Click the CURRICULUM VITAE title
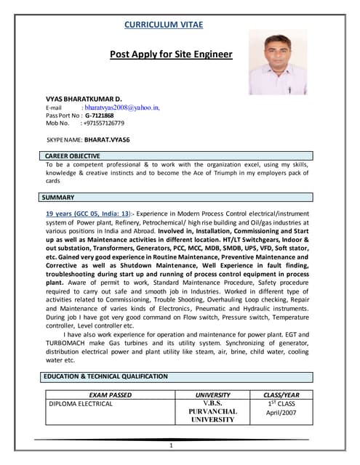(164, 25)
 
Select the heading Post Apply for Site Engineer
(171, 54)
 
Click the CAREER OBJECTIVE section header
(72, 156)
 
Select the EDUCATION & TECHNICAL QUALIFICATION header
(105, 376)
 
